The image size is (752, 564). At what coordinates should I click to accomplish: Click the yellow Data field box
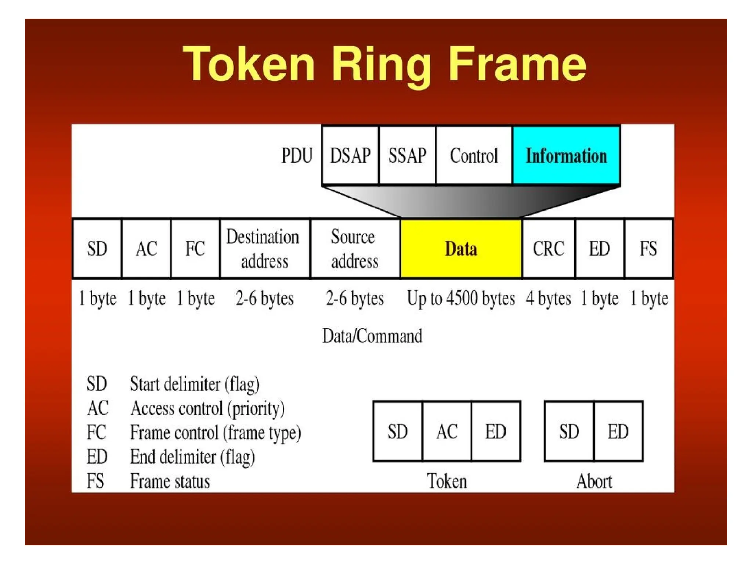click(x=461, y=249)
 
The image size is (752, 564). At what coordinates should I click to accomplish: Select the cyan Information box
click(x=566, y=155)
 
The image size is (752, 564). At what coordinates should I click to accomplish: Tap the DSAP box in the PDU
click(x=350, y=155)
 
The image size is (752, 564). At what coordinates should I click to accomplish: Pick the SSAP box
click(x=407, y=155)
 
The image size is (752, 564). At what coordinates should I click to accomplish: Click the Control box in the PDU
click(x=474, y=155)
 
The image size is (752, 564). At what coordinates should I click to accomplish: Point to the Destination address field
click(x=264, y=249)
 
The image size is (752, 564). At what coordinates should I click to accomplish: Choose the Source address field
click(x=354, y=249)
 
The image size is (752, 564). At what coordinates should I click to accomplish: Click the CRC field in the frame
click(x=548, y=249)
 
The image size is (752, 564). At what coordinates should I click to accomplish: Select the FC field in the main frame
click(x=195, y=249)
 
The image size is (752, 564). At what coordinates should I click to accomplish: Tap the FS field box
click(x=648, y=249)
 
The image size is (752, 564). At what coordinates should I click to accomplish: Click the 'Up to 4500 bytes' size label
click(x=461, y=298)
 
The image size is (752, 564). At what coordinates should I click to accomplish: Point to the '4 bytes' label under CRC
click(x=548, y=298)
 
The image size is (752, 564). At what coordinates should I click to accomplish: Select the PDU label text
click(x=297, y=155)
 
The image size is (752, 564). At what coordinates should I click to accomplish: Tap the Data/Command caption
click(x=372, y=336)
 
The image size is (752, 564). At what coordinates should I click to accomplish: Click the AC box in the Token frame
click(x=446, y=431)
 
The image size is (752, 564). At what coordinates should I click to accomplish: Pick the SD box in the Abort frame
click(x=569, y=431)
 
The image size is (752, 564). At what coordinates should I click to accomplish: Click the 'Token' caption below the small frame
click(x=446, y=481)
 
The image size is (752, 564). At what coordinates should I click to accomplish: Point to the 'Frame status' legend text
click(x=170, y=481)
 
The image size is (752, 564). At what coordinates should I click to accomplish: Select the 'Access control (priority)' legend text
click(x=207, y=408)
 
